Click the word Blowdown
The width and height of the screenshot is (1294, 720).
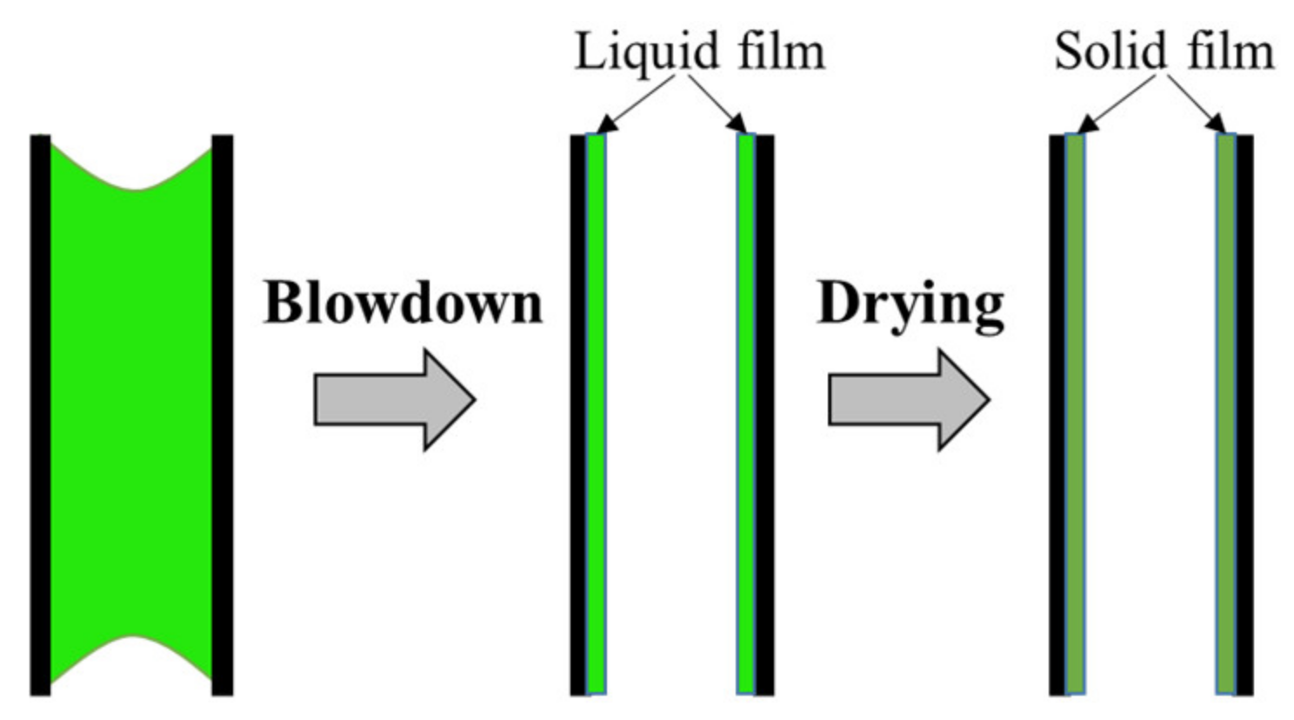(403, 303)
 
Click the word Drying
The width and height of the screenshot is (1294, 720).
(910, 304)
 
